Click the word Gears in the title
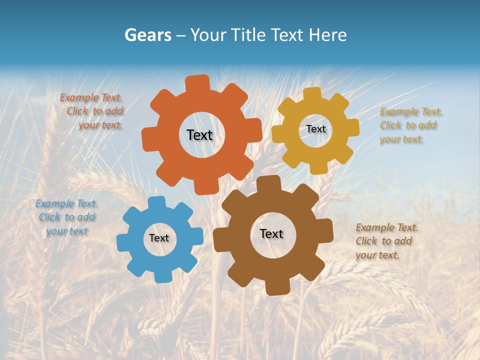pos(147,35)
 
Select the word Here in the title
pos(327,35)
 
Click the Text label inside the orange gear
pos(199,135)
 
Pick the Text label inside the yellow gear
pos(316,129)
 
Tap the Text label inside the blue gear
pos(159,238)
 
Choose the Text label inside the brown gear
pos(271,233)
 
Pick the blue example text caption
pos(66,217)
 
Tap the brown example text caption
pos(386,241)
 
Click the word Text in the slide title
pos(288,35)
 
